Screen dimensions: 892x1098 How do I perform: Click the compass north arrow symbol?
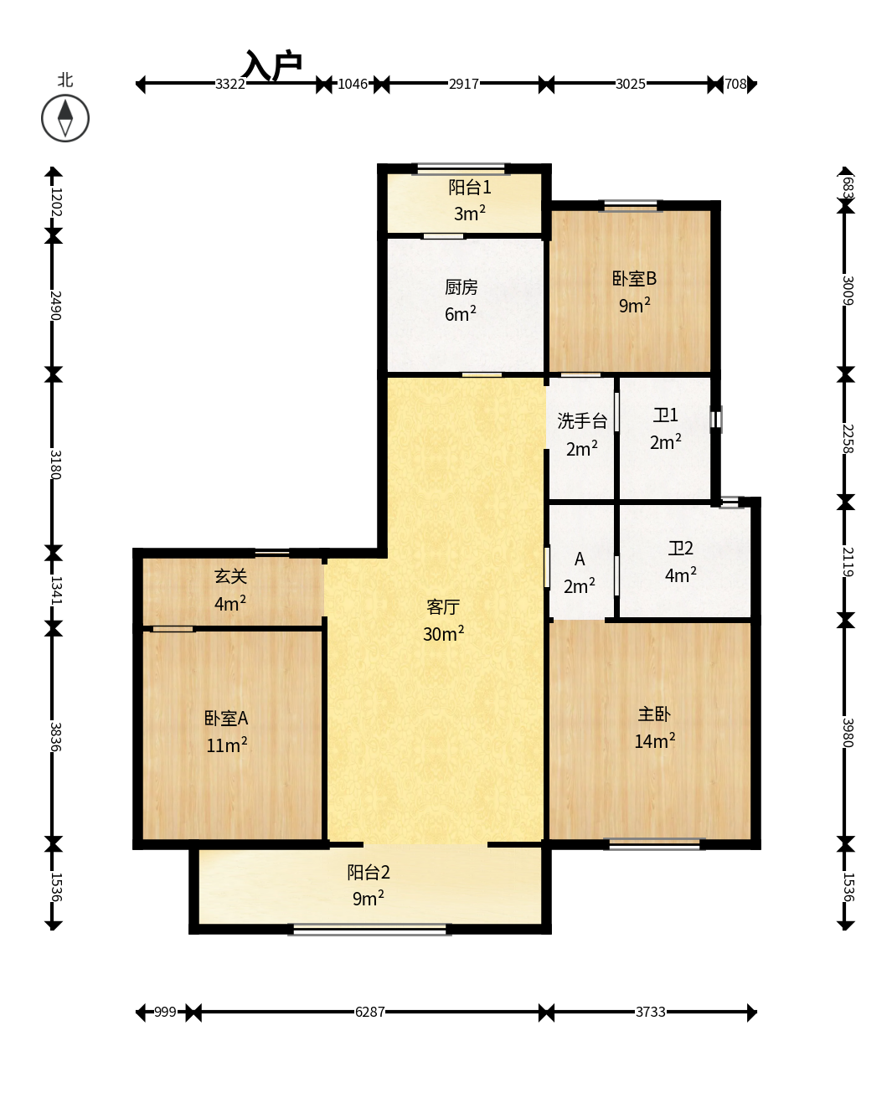[65, 118]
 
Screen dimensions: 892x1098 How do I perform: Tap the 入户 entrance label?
[273, 66]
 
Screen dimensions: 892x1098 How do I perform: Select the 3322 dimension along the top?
[230, 84]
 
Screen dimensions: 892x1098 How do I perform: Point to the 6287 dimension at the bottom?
[369, 1012]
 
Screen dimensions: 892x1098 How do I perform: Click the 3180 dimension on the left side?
[55, 465]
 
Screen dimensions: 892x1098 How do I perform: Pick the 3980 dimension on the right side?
[848, 733]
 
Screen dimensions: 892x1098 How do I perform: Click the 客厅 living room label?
[443, 606]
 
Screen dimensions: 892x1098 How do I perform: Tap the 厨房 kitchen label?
[461, 287]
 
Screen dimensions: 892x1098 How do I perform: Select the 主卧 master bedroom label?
[654, 714]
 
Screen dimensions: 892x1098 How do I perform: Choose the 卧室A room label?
[226, 718]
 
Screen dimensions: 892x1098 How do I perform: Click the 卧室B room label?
[634, 278]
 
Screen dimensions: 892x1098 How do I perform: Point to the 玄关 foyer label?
[230, 576]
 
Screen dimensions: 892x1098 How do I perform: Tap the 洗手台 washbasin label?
[582, 420]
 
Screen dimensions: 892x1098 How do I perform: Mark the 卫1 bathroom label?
[665, 415]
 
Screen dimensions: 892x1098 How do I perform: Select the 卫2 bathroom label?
[681, 548]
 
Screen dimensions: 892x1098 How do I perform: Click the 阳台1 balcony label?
[469, 187]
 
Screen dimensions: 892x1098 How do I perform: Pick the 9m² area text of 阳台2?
[369, 898]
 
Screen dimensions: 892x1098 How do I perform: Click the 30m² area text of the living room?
[443, 633]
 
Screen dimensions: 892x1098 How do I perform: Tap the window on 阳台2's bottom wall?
[369, 930]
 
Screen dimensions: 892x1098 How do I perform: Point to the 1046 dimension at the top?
[353, 84]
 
